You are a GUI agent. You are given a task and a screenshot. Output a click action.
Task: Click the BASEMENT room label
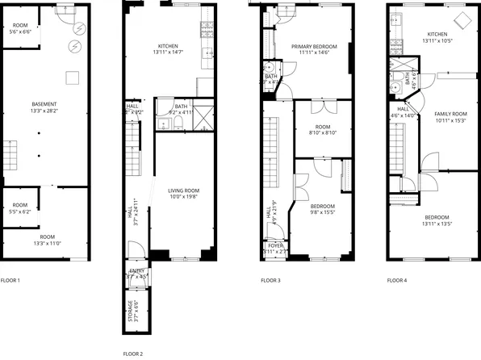click(x=44, y=107)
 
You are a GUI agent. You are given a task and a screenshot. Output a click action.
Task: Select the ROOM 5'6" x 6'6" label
click(x=19, y=28)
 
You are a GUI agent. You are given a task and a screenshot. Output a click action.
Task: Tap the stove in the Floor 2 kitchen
click(x=206, y=31)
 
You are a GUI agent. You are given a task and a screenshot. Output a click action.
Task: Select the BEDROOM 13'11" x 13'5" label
click(x=437, y=221)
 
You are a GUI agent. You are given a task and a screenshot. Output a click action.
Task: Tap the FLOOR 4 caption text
click(x=396, y=280)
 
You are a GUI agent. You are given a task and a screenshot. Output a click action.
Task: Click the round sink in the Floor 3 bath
click(x=267, y=67)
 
